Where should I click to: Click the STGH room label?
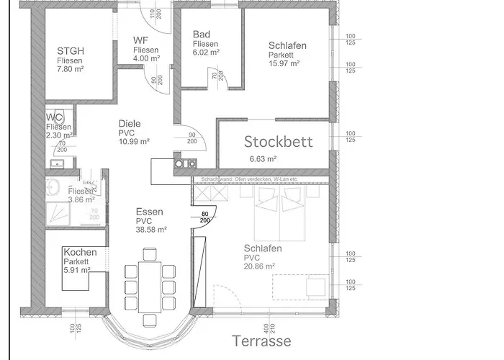click(71, 50)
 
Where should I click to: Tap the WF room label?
click(141, 40)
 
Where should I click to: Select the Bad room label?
click(201, 35)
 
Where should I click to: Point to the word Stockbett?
click(279, 141)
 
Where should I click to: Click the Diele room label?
click(130, 123)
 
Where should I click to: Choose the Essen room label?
click(149, 212)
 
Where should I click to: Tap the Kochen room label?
click(79, 252)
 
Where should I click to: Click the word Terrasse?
click(261, 340)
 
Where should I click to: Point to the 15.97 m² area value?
click(284, 63)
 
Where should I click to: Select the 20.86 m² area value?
click(259, 266)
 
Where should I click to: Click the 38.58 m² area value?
click(151, 230)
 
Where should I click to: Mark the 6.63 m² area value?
click(263, 159)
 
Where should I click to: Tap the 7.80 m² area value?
click(71, 69)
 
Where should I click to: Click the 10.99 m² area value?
click(134, 141)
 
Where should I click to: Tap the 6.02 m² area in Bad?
click(206, 53)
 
